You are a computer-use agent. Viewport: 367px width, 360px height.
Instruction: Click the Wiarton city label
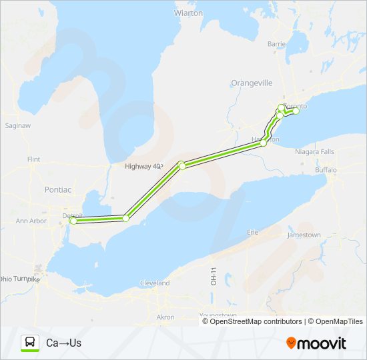coord(188,13)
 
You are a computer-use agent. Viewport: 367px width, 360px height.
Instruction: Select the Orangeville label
coord(252,83)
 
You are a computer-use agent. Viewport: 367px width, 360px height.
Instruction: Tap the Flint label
coord(33,160)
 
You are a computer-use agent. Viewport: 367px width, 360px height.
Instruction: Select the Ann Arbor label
coord(31,221)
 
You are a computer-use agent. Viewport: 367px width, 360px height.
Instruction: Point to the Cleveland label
coord(155,283)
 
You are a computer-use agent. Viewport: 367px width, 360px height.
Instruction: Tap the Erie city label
coord(253,233)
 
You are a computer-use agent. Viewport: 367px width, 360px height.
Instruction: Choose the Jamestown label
coord(304,235)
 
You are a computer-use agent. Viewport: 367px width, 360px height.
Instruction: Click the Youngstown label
coord(218,315)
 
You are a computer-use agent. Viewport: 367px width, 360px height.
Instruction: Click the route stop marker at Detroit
coord(73,221)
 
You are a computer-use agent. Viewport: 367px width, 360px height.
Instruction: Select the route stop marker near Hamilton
coord(264,143)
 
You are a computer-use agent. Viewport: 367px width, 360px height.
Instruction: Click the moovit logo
coord(316,343)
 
